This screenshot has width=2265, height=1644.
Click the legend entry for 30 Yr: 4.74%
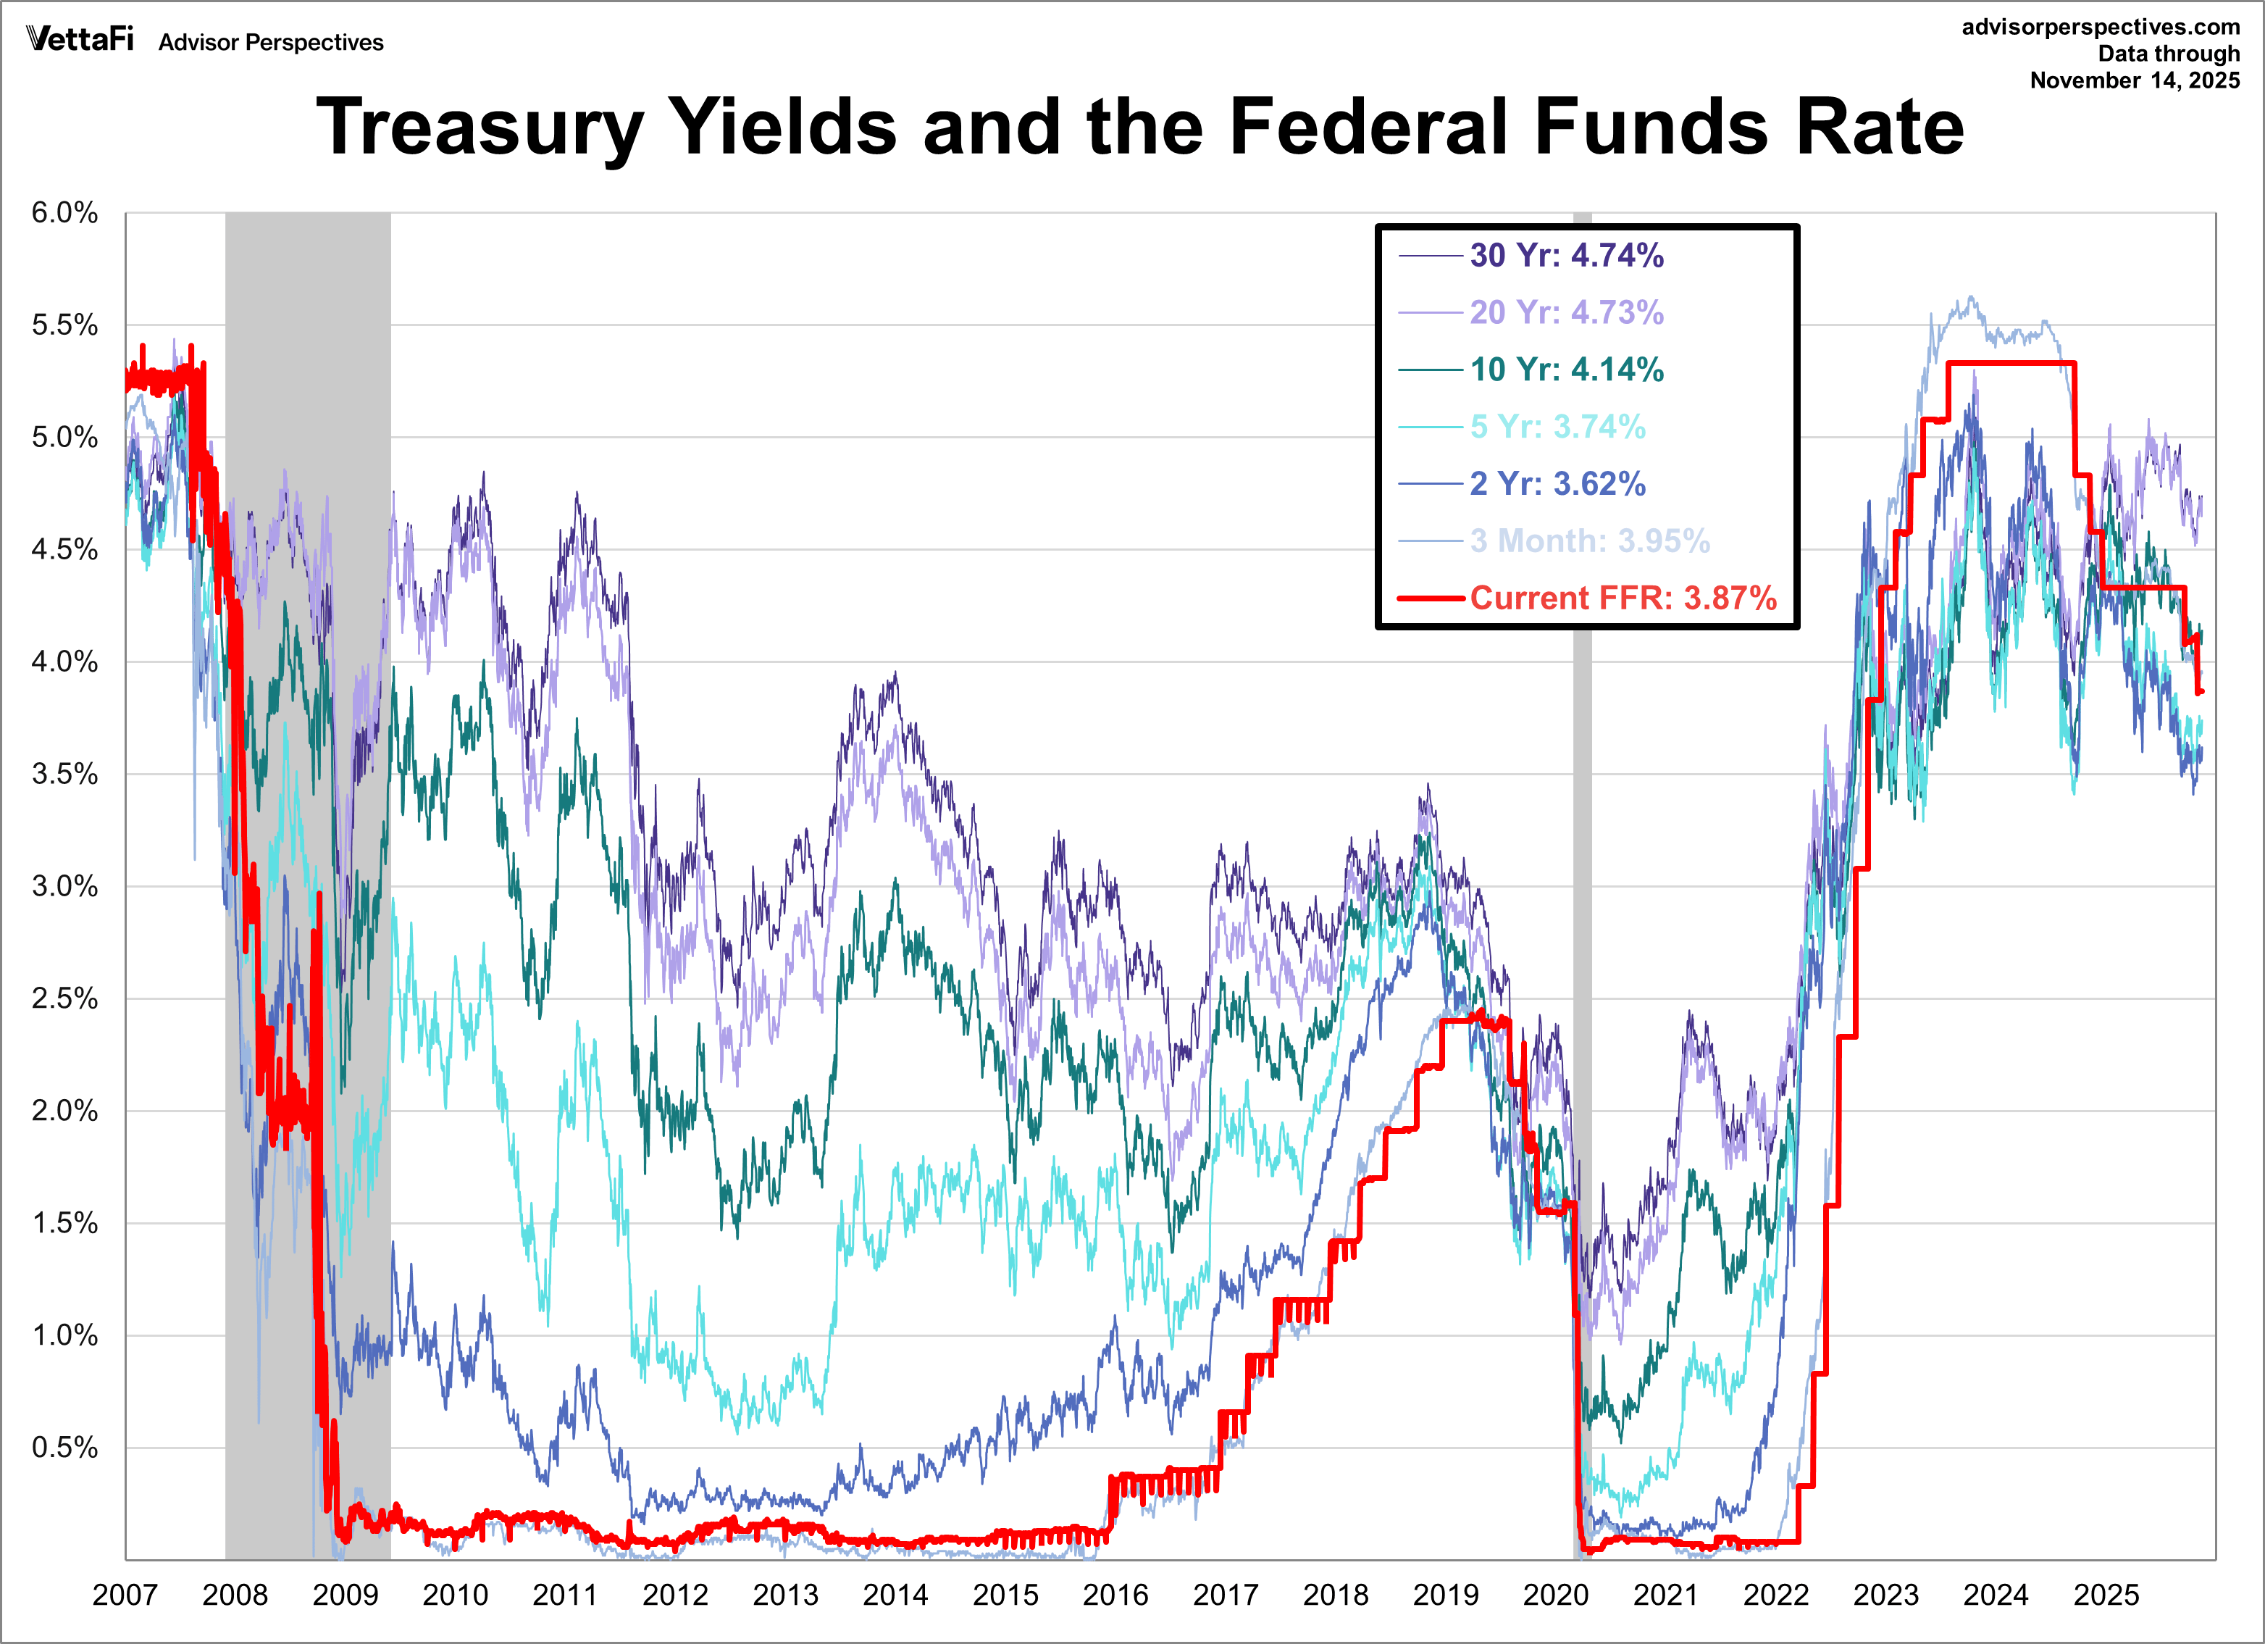[1566, 256]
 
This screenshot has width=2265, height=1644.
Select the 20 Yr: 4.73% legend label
[1566, 312]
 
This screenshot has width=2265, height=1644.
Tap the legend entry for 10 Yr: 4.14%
[1566, 370]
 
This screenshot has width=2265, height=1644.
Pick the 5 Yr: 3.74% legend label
[1557, 427]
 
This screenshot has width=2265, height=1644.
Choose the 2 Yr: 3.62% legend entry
[1557, 483]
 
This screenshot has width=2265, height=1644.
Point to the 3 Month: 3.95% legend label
[1589, 541]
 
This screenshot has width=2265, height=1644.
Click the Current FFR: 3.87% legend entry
[1622, 597]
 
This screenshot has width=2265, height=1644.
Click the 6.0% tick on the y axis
[65, 213]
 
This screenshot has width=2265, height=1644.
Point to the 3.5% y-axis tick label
[65, 774]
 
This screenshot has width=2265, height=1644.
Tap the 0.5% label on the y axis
[65, 1447]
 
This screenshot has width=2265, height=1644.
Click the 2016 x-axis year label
[1115, 1595]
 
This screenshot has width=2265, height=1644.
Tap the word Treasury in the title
[480, 128]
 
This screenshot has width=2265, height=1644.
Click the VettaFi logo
[80, 39]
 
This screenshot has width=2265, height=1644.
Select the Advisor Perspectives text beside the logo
[271, 42]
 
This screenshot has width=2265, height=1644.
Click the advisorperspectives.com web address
[2101, 27]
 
